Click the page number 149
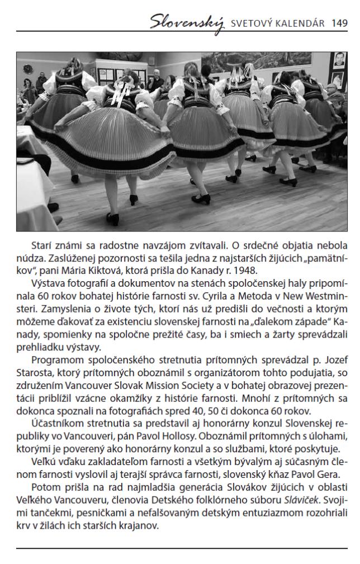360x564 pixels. pos(339,23)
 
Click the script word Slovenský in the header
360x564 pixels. pos(187,23)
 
